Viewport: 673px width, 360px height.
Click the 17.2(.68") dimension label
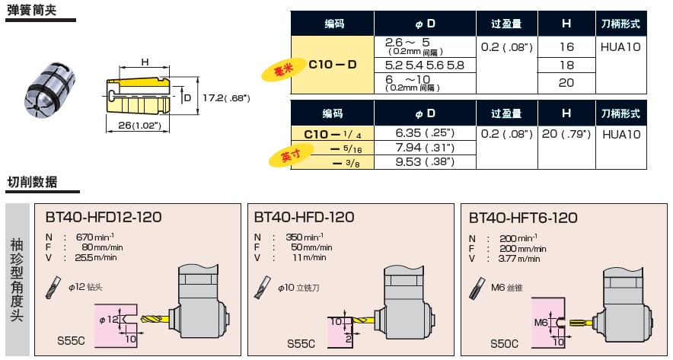click(x=227, y=98)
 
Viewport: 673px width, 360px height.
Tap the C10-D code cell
click(x=333, y=65)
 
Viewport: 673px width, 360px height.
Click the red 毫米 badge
click(x=282, y=71)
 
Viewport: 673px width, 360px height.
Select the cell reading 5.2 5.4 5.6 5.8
click(x=424, y=65)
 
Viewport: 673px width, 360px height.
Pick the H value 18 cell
click(x=566, y=65)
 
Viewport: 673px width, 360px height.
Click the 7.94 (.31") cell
click(x=424, y=147)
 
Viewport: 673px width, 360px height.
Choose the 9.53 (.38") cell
click(x=424, y=161)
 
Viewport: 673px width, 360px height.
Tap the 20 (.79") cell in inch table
click(x=566, y=133)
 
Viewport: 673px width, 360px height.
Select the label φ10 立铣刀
click(x=298, y=288)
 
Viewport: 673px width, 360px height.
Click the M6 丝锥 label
click(x=508, y=288)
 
